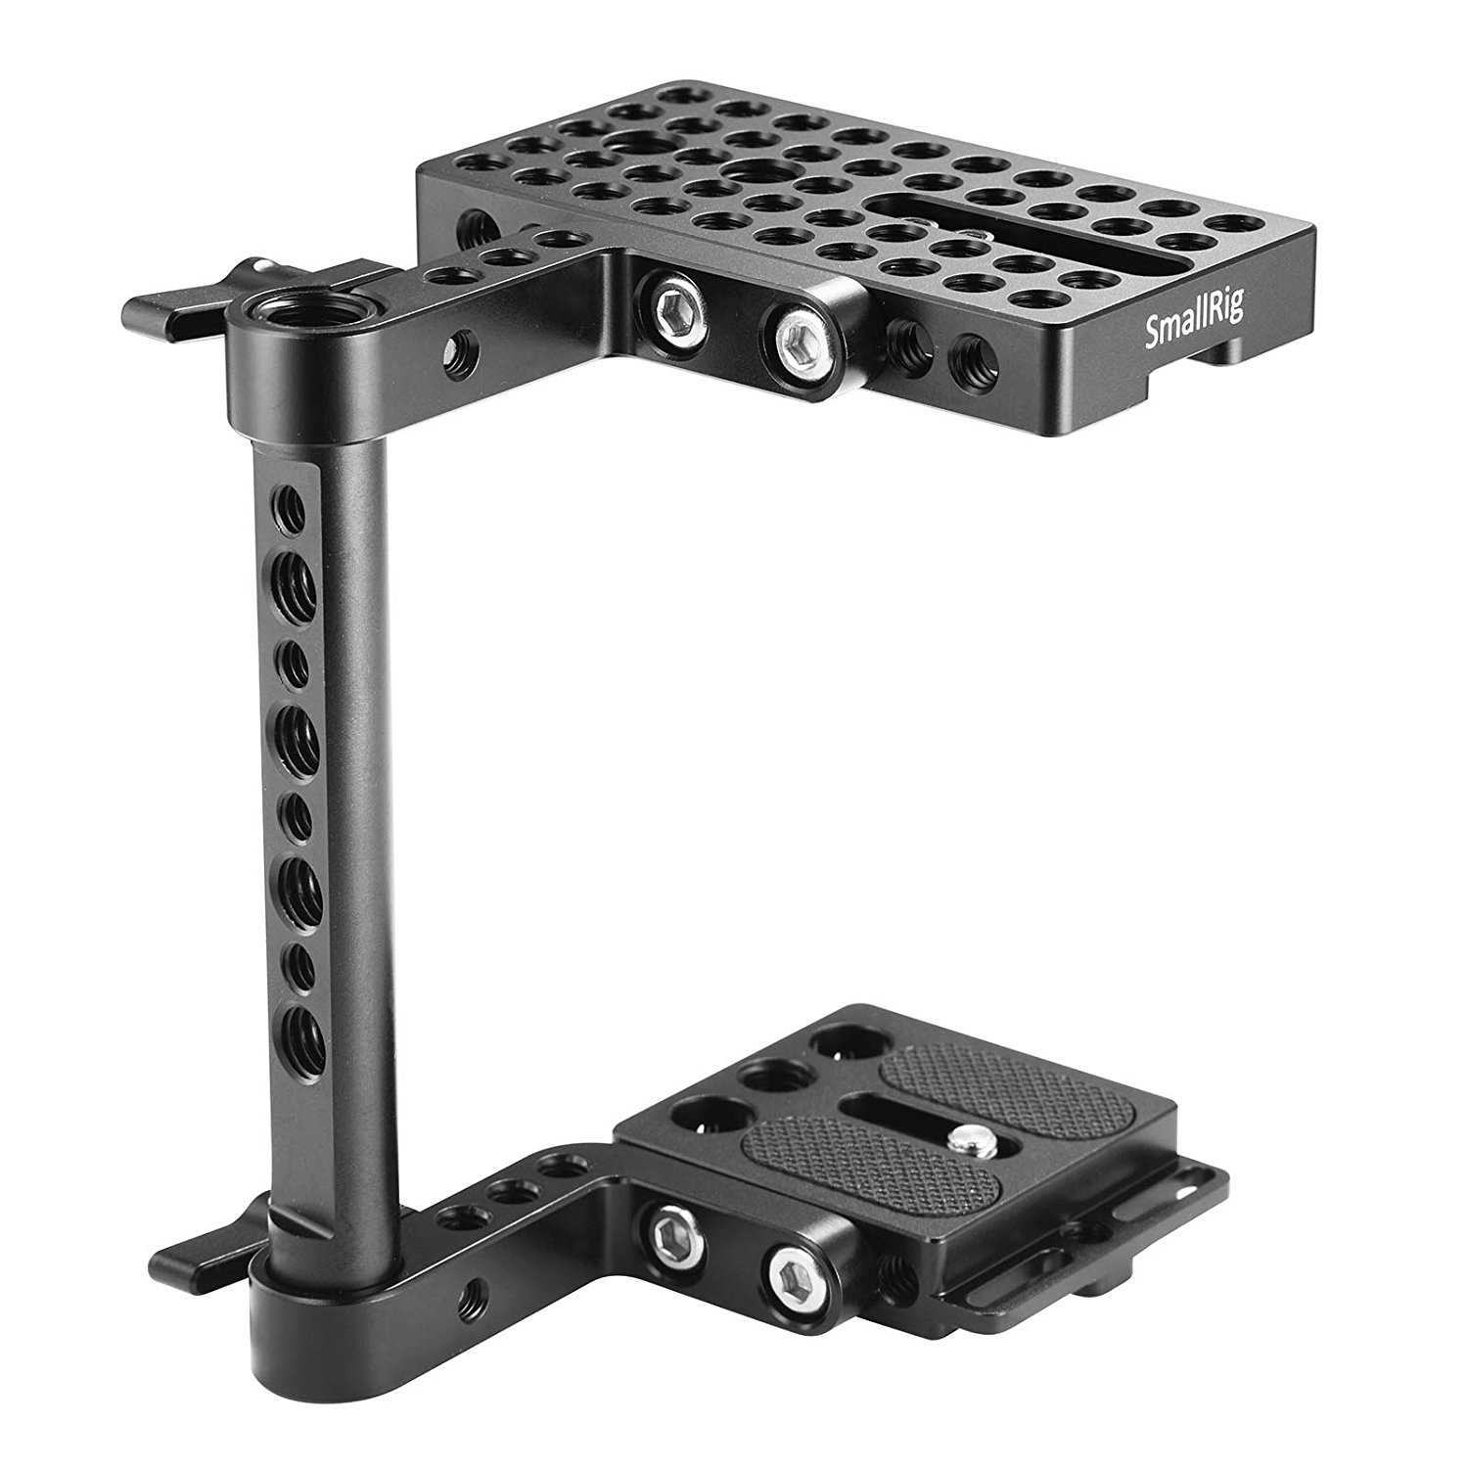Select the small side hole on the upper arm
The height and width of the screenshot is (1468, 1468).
click(x=462, y=344)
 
